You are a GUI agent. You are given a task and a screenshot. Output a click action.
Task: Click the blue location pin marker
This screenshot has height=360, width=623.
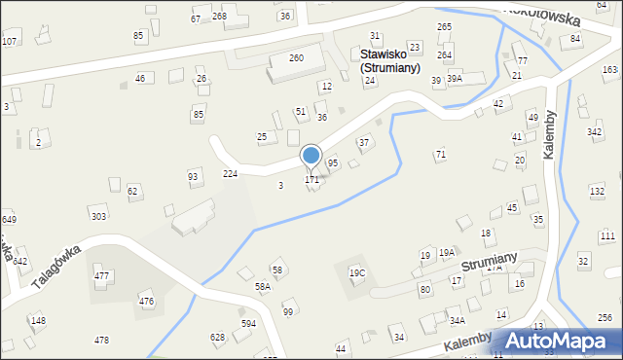(x=311, y=156)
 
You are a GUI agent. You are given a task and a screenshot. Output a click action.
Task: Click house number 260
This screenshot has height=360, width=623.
(x=296, y=58)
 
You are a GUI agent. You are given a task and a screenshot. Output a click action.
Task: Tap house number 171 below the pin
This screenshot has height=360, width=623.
(x=311, y=180)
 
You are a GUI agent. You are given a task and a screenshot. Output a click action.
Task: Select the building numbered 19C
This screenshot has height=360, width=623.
(x=357, y=273)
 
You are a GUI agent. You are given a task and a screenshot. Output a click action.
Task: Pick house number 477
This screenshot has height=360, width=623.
(x=101, y=277)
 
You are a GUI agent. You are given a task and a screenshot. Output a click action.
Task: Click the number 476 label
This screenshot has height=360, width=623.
(x=146, y=302)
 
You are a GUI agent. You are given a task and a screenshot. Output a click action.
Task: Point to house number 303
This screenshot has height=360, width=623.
(x=98, y=215)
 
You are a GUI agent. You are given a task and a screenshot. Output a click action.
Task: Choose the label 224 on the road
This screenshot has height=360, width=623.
(x=231, y=173)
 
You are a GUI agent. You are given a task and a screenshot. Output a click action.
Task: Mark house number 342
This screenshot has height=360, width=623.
(x=594, y=131)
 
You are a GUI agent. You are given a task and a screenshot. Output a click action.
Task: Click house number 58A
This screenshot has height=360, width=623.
(x=263, y=288)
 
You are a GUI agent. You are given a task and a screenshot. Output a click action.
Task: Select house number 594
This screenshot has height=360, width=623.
(x=249, y=323)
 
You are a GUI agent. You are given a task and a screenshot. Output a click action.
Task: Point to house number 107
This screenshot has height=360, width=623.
(x=9, y=41)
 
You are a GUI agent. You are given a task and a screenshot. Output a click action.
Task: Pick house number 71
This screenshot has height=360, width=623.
(x=441, y=155)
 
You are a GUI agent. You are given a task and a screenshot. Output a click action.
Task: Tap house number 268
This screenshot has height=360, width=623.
(x=219, y=17)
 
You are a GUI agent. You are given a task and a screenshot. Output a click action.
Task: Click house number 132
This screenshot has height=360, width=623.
(x=597, y=192)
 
